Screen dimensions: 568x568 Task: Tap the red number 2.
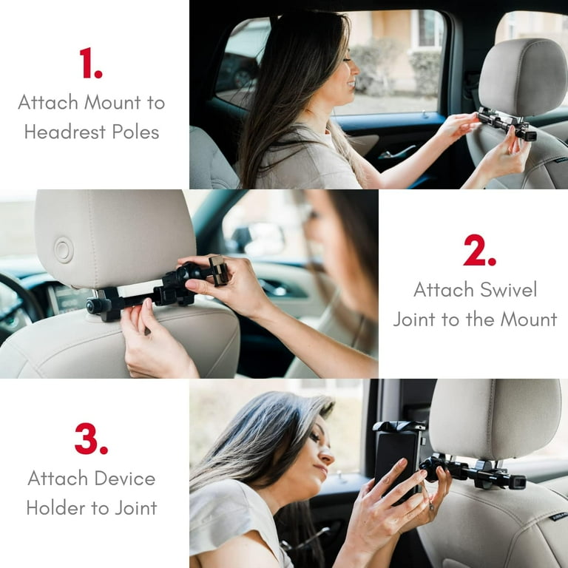pyautogui.click(x=479, y=251)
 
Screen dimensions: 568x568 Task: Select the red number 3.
pyautogui.click(x=90, y=439)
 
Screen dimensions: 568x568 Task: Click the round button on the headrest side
pyautogui.click(x=64, y=250)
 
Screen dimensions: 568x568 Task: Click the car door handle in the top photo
pyautogui.click(x=397, y=153)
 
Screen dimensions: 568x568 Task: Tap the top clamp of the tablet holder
pyautogui.click(x=399, y=427)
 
